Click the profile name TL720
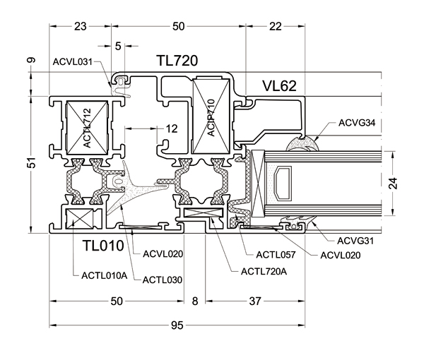[176, 62]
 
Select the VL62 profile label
[278, 86]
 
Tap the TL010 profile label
[103, 246]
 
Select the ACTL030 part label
[163, 280]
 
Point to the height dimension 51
[31, 163]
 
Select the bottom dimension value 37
[256, 301]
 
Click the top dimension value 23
[80, 26]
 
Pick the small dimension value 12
[172, 128]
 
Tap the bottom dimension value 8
[196, 301]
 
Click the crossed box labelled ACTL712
[86, 128]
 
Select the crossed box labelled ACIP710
[211, 116]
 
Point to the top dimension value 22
[276, 26]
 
